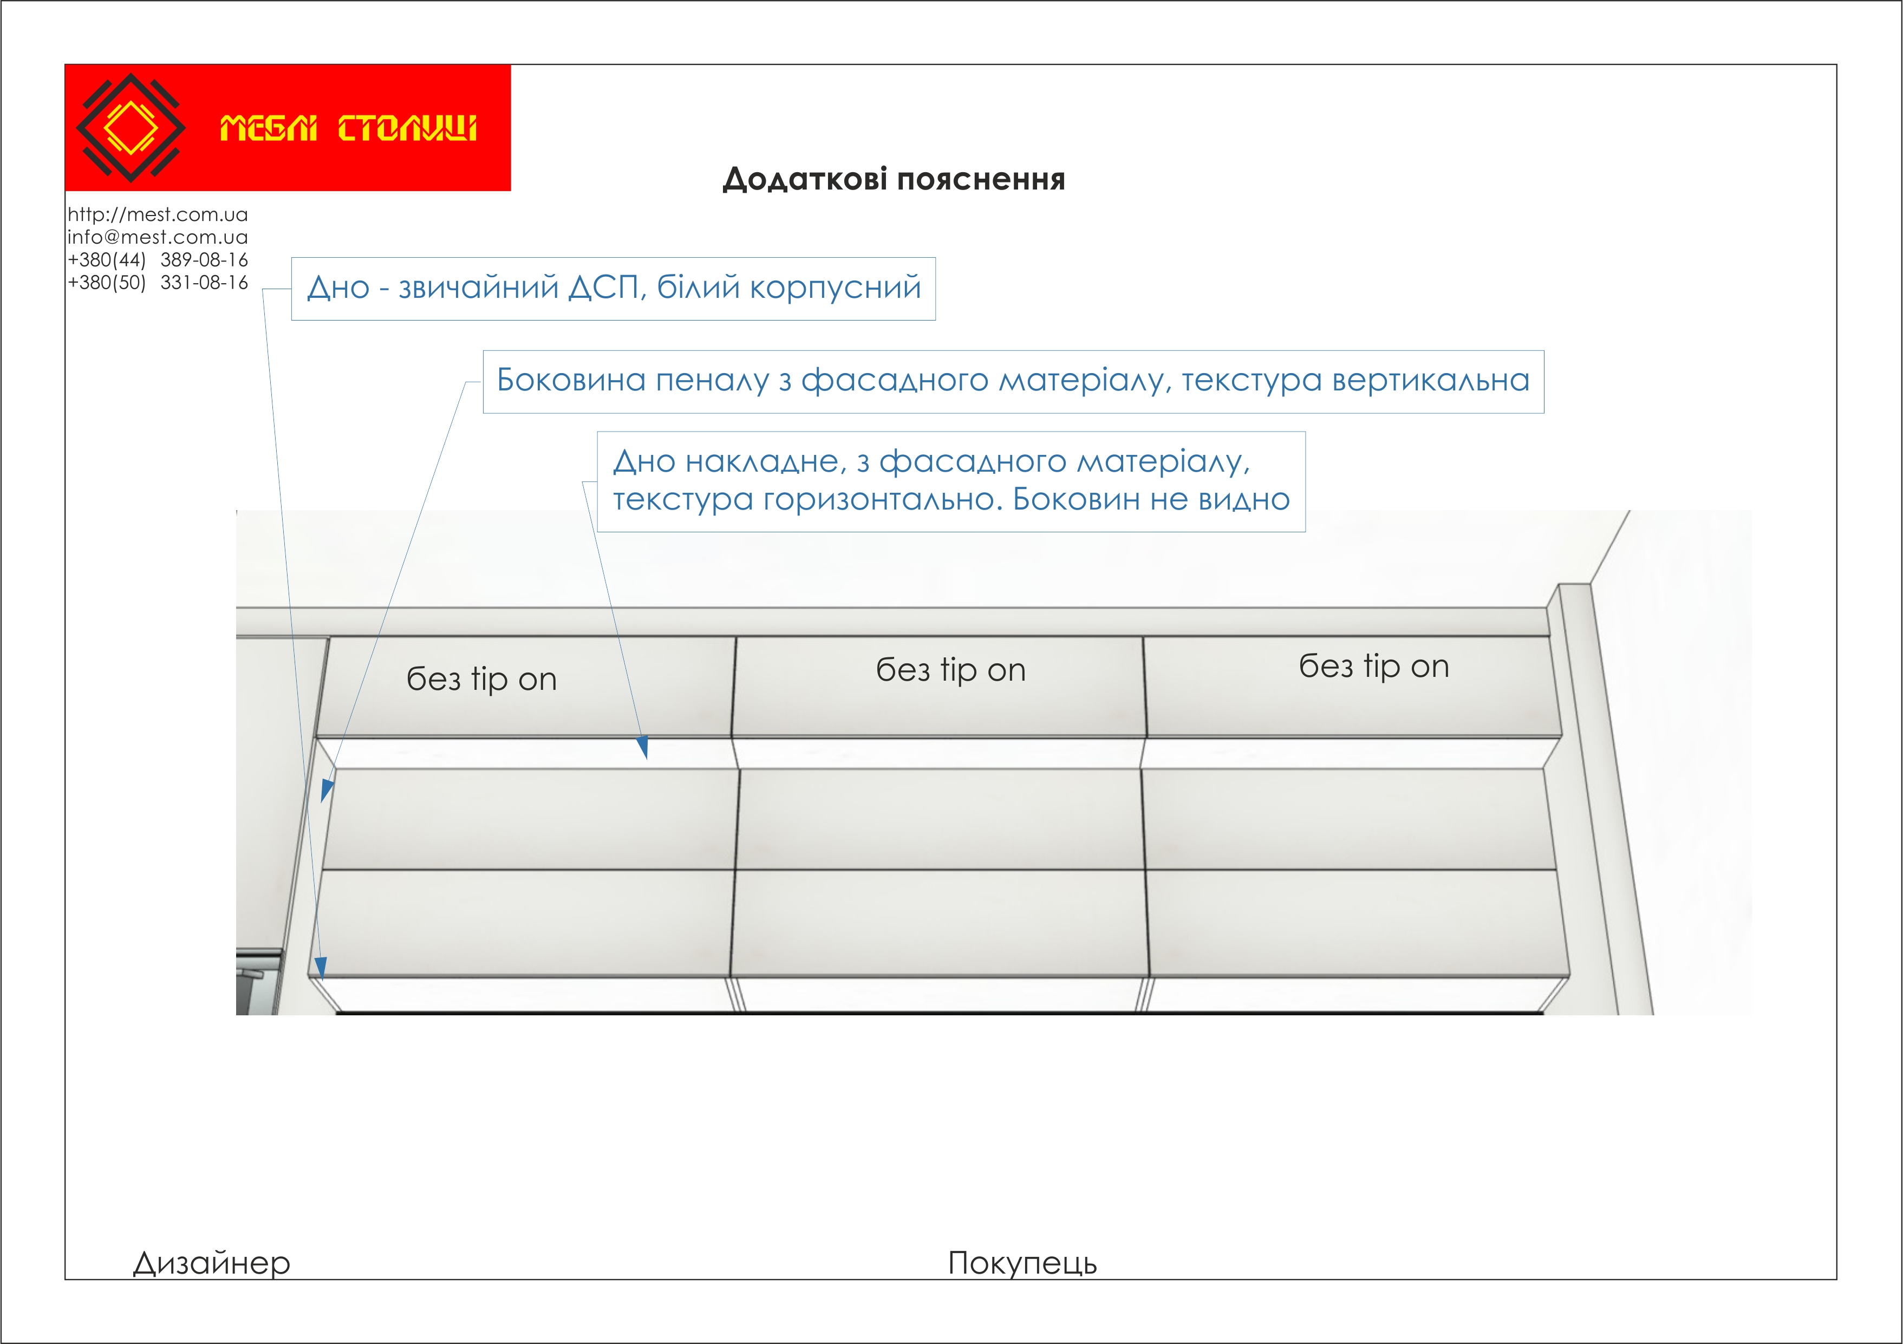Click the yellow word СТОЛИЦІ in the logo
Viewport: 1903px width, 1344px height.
pos(407,128)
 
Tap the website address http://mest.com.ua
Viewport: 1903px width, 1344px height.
pos(158,214)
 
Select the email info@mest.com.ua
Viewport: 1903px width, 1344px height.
pos(158,237)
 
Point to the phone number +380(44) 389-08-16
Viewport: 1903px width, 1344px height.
pos(158,260)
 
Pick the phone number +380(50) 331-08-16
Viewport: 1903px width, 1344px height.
pos(158,283)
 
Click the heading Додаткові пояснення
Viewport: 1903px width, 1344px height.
pos(894,179)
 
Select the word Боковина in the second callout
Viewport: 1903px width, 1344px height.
pos(571,380)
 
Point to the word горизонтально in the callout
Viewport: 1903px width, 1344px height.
pos(883,500)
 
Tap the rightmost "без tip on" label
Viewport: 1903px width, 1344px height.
pos(1373,666)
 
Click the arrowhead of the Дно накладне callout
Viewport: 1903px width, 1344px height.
pos(643,748)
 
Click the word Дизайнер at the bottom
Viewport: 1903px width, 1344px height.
pos(211,1263)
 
